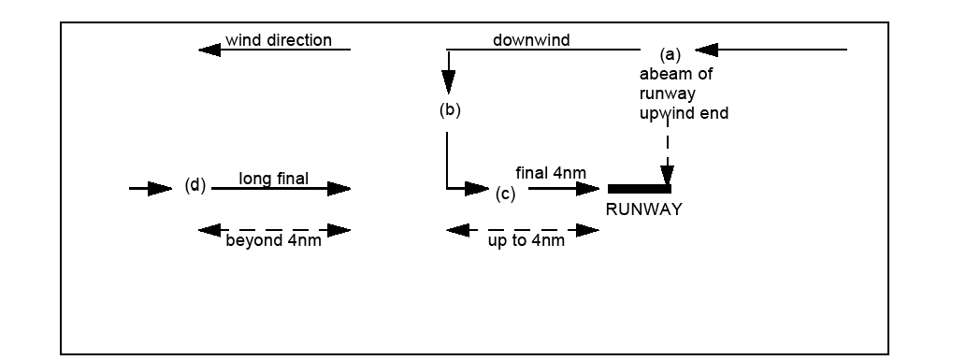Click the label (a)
(670, 55)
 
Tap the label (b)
(450, 109)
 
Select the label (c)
(505, 194)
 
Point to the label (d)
(195, 185)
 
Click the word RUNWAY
(643, 209)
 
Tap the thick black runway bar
(640, 189)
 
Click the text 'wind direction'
(279, 40)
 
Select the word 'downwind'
(531, 40)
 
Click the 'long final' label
(274, 179)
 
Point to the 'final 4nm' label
(551, 173)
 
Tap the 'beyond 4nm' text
(274, 240)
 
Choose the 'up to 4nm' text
(526, 240)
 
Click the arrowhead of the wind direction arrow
(209, 50)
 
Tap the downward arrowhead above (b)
(449, 82)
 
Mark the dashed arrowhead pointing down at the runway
(667, 175)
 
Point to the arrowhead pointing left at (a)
(707, 50)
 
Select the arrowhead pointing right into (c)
(477, 189)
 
